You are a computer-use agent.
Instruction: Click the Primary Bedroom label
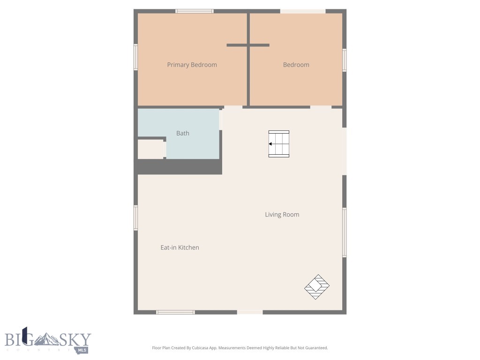pos(192,65)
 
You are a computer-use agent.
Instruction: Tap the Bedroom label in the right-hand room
pos(296,65)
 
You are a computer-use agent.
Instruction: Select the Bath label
pos(183,133)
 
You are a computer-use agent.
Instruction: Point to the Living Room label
pos(282,215)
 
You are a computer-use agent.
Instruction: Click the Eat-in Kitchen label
pos(180,247)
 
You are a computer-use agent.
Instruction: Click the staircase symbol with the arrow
pos(278,144)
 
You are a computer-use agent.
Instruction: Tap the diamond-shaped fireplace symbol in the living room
pos(317,287)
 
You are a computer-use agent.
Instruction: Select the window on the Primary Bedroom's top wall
pos(195,11)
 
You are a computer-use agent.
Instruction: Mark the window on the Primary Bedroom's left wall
pos(136,57)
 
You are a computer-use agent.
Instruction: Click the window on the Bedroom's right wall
pos(344,60)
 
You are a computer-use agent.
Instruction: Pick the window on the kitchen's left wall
pos(136,217)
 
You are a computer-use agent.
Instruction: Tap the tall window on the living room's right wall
pos(344,232)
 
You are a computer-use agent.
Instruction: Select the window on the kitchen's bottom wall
pos(175,312)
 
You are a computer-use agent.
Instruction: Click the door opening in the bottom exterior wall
pos(250,312)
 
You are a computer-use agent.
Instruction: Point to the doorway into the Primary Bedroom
pos(233,107)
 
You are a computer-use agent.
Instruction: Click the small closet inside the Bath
pos(150,149)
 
